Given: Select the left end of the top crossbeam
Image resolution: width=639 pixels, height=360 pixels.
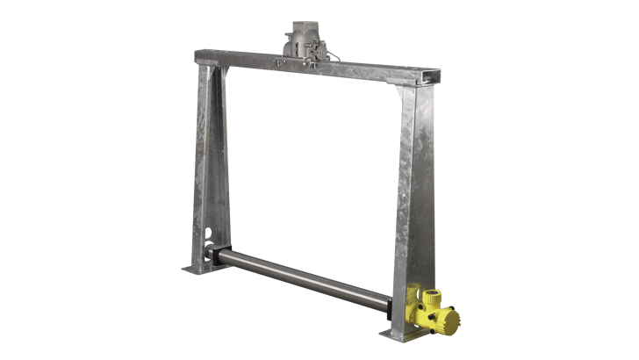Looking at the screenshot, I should [198, 57].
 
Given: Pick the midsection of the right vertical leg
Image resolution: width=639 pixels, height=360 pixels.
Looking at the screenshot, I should [405, 202].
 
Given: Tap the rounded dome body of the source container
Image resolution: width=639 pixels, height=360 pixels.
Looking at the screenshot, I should [301, 42].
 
